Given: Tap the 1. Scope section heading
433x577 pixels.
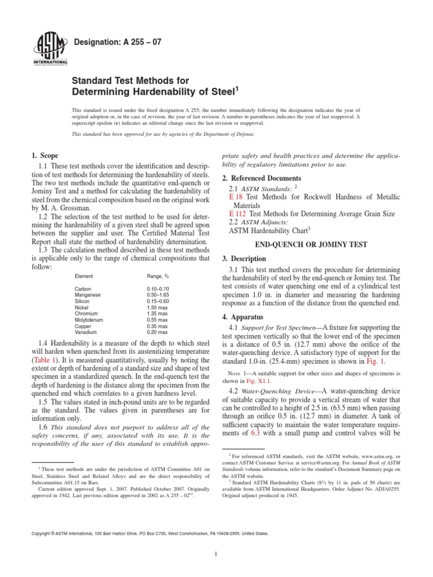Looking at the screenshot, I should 43,155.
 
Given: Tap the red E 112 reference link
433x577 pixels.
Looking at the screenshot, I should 237,214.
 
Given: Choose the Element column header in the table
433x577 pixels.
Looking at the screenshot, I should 84,277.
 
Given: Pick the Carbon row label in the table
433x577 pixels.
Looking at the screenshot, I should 83,288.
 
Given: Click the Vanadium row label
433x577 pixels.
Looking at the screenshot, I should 86,332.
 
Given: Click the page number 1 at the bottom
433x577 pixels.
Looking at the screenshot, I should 216,554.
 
